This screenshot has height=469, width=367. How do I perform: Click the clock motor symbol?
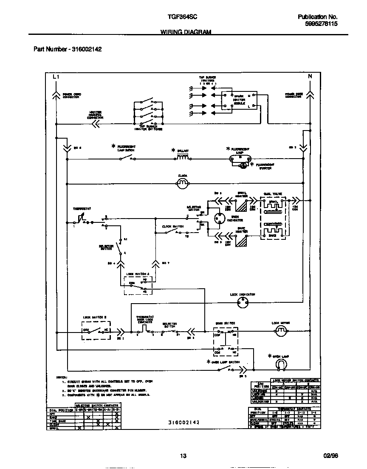point(182,184)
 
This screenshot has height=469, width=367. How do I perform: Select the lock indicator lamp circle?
point(242,302)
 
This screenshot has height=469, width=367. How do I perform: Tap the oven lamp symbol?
point(281,364)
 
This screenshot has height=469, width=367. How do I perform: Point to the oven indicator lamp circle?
point(220,219)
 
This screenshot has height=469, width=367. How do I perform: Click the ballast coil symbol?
point(182,158)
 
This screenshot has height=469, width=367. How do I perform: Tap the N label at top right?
point(310,77)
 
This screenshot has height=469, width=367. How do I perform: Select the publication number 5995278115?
point(321,24)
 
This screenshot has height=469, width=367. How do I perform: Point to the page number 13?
point(183,456)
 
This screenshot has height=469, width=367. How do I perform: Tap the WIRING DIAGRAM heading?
point(186,32)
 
